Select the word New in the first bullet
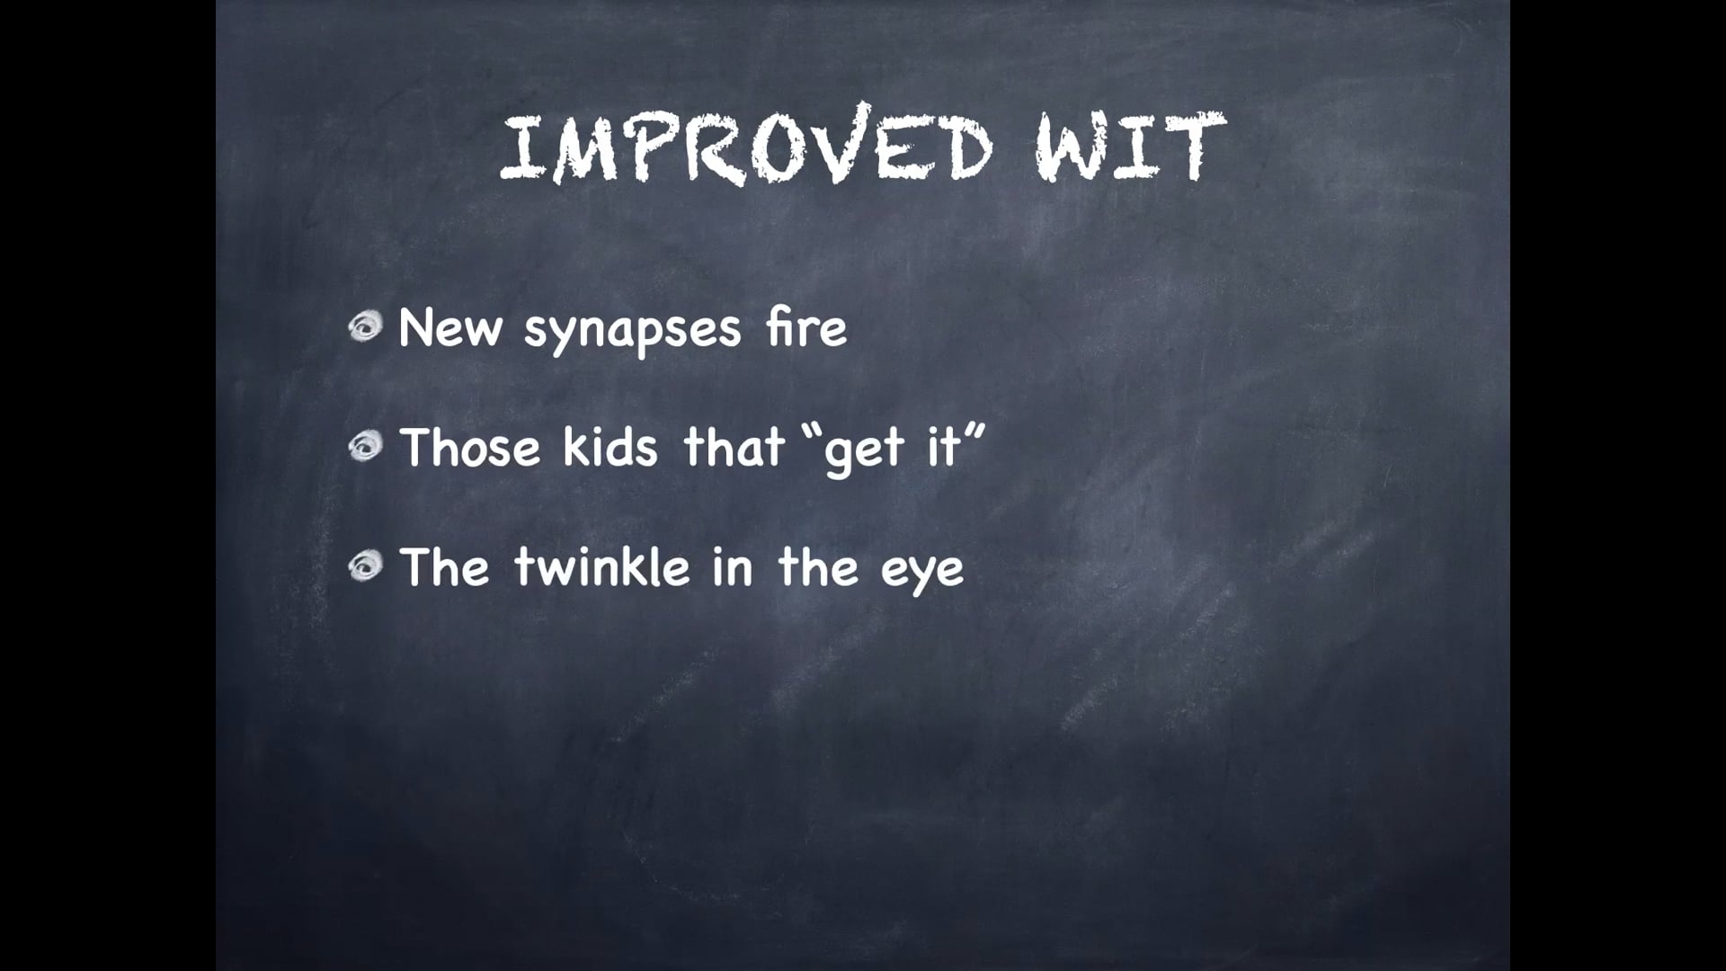(x=449, y=328)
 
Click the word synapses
(x=632, y=331)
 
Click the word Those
(x=470, y=447)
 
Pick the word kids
(x=610, y=447)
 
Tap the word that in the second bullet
(x=734, y=447)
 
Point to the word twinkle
(x=602, y=567)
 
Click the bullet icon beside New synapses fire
(x=366, y=327)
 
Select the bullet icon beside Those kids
(x=366, y=447)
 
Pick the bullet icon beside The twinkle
(x=366, y=566)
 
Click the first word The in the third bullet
(x=444, y=567)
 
